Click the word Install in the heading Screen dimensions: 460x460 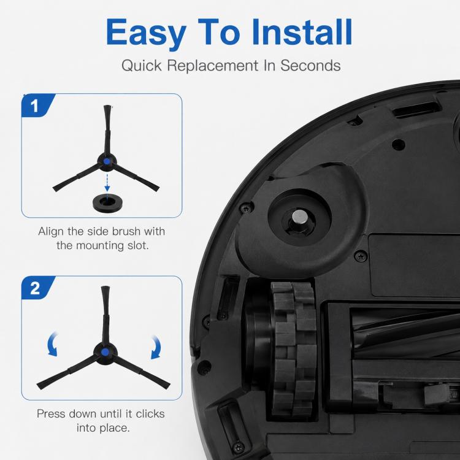pos(302,32)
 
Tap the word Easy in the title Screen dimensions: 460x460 pos(146,34)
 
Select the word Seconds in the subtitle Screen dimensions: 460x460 pos(310,65)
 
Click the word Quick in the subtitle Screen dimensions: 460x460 pos(142,66)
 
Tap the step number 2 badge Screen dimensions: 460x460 pos(36,288)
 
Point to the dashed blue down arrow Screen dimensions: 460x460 pos(107,183)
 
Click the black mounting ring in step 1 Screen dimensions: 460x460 pos(108,203)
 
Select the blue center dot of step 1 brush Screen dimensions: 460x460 pos(107,161)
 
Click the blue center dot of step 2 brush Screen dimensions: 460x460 pos(105,352)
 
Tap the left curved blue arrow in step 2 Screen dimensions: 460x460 pos(52,344)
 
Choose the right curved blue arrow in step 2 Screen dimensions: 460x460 pos(156,347)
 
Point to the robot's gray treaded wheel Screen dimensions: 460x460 pos(293,349)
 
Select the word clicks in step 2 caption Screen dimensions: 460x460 pos(150,413)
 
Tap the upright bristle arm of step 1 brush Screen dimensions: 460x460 pos(107,129)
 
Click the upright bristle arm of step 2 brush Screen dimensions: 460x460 pos(105,315)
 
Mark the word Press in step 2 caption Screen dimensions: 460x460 pos(50,413)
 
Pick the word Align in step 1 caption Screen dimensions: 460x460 pos(51,231)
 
